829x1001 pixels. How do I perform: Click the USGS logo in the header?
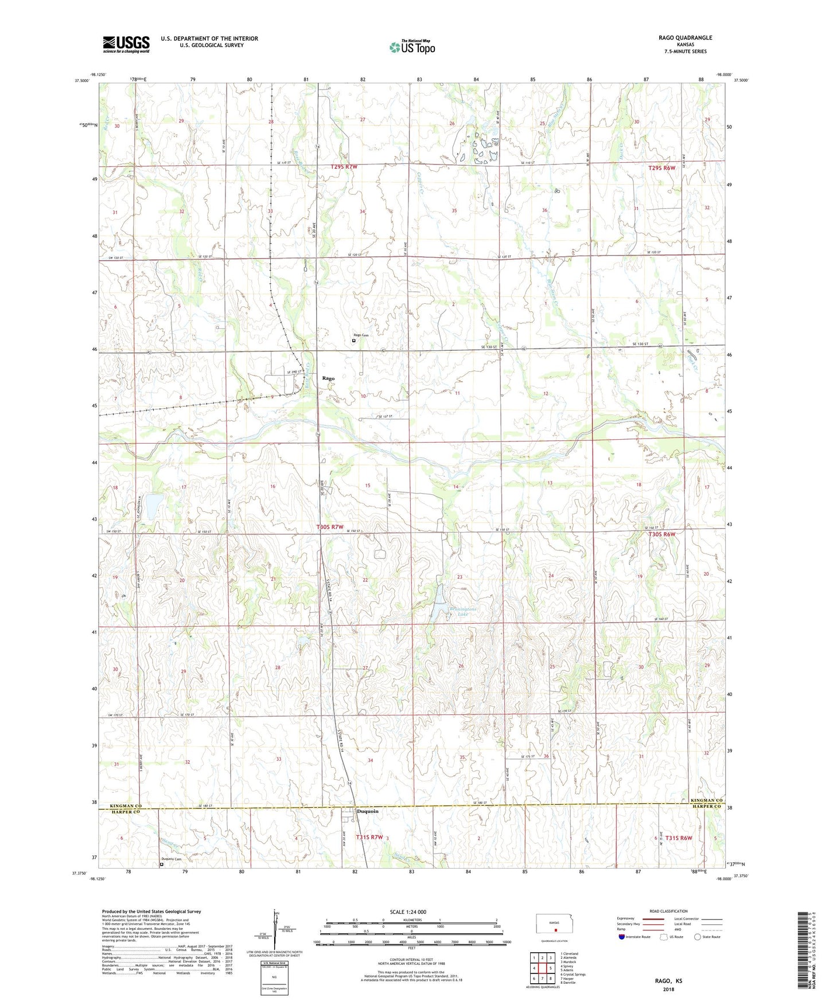[x=126, y=44]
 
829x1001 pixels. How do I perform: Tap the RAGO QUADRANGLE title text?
[x=685, y=38]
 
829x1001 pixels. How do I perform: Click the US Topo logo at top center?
[x=412, y=47]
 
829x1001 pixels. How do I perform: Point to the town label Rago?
[x=328, y=378]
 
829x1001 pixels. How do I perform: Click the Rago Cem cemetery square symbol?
[x=353, y=341]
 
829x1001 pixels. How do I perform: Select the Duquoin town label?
[x=368, y=811]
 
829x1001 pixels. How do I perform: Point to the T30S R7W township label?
[x=330, y=527]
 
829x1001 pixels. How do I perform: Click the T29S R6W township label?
[x=661, y=168]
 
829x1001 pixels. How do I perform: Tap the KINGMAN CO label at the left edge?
[x=122, y=806]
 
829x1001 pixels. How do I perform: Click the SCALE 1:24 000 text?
[x=408, y=912]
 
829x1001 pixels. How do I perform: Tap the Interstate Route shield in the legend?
[x=622, y=937]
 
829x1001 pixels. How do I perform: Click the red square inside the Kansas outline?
[x=555, y=930]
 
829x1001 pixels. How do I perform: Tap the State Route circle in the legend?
[x=697, y=937]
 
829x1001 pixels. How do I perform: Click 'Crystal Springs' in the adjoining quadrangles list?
[x=575, y=974]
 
